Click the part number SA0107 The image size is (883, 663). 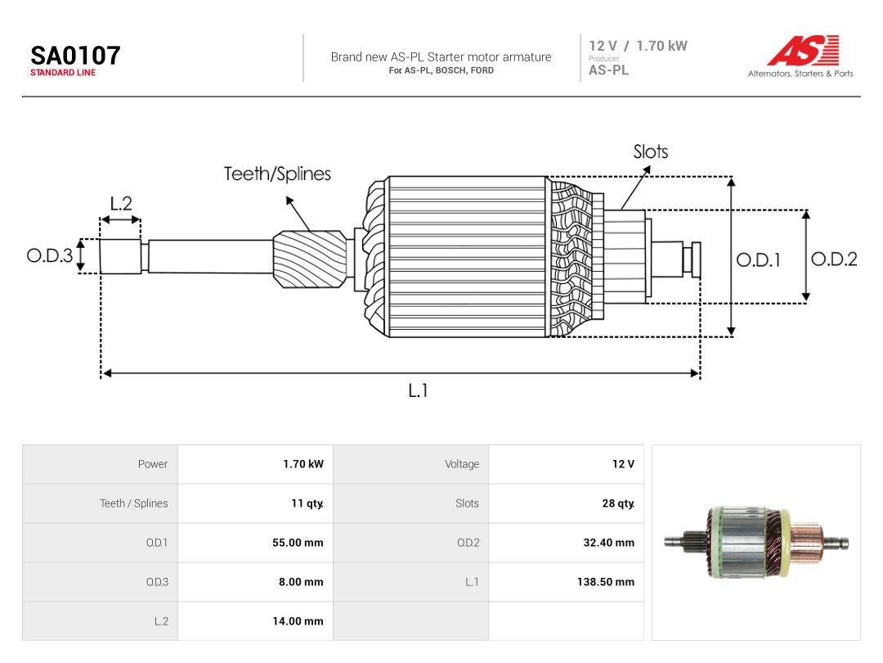pyautogui.click(x=75, y=56)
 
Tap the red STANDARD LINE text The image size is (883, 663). pyautogui.click(x=63, y=73)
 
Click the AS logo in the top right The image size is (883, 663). pyautogui.click(x=803, y=50)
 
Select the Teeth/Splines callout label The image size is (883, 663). pyautogui.click(x=277, y=174)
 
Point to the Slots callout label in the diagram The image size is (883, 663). pyautogui.click(x=651, y=151)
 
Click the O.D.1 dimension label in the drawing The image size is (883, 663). pyautogui.click(x=758, y=260)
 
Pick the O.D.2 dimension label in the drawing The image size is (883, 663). pyautogui.click(x=834, y=259)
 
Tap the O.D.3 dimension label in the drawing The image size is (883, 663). pyautogui.click(x=50, y=255)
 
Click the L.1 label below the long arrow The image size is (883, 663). pyautogui.click(x=418, y=390)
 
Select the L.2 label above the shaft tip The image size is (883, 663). pyautogui.click(x=121, y=203)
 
